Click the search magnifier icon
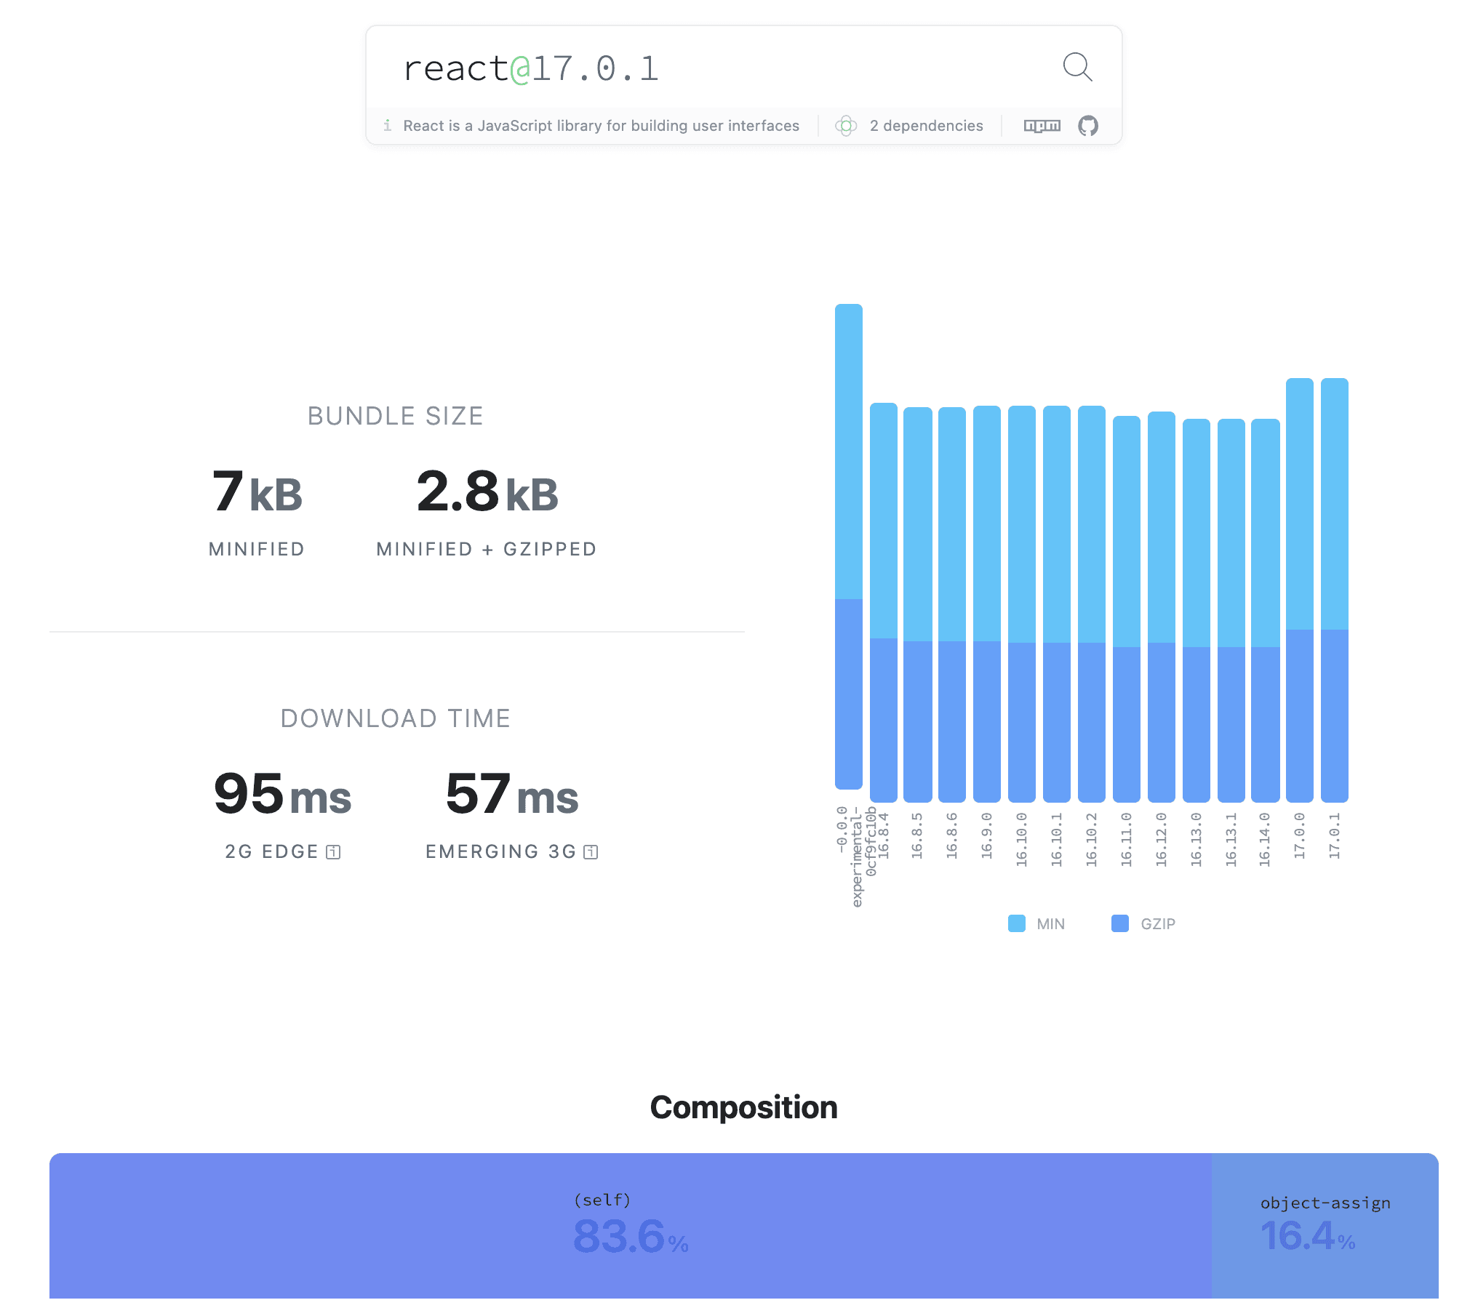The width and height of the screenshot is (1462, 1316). [x=1077, y=68]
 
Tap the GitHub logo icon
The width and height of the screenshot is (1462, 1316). [x=1088, y=126]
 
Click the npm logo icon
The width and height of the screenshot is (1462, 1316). [x=1042, y=126]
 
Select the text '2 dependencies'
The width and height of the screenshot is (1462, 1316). [x=926, y=126]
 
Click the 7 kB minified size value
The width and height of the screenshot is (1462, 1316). [x=257, y=492]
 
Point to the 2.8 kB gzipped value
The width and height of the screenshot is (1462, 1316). [x=487, y=492]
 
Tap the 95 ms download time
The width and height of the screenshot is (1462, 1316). [x=282, y=795]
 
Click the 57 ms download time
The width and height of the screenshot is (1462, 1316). [x=511, y=795]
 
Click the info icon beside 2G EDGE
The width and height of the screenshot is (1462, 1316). [x=333, y=852]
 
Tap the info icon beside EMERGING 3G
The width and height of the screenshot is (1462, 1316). [x=591, y=852]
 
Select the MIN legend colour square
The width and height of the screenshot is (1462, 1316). [x=1016, y=923]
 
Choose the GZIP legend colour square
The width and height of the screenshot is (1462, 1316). [x=1120, y=923]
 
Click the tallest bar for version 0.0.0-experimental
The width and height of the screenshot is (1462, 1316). [x=848, y=545]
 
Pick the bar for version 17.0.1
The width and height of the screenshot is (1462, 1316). [x=1334, y=589]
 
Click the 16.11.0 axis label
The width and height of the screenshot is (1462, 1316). [x=1127, y=839]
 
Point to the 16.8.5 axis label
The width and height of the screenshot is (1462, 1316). [x=917, y=836]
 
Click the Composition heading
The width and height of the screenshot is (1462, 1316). [x=743, y=1107]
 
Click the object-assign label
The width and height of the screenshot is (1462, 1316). [x=1325, y=1203]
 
